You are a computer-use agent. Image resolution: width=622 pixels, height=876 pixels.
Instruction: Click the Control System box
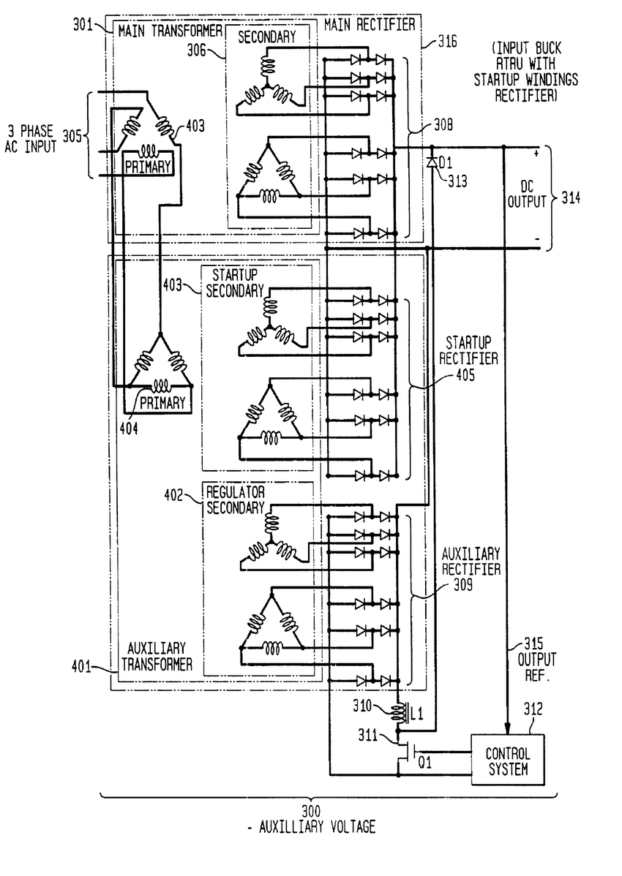click(x=507, y=761)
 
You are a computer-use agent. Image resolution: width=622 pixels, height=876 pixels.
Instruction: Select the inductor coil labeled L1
click(x=400, y=714)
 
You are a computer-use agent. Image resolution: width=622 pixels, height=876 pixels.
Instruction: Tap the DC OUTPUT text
click(x=527, y=192)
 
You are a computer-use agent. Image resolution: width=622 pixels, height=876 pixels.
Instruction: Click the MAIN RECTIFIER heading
click(x=369, y=25)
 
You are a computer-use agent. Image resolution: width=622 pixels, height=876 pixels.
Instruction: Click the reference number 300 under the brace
click(x=310, y=812)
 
